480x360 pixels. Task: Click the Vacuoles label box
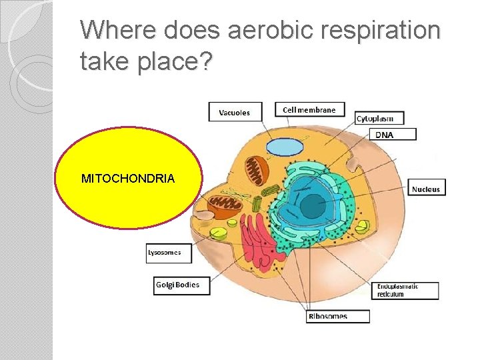[234, 113]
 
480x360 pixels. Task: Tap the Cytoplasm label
[375, 119]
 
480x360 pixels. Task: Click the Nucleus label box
[425, 189]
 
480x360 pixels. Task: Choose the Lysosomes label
[168, 253]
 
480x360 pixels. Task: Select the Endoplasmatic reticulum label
[406, 291]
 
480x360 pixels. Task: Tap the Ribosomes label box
[338, 316]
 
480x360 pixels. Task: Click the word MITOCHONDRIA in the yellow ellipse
[128, 179]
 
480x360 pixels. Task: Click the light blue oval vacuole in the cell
[285, 147]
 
